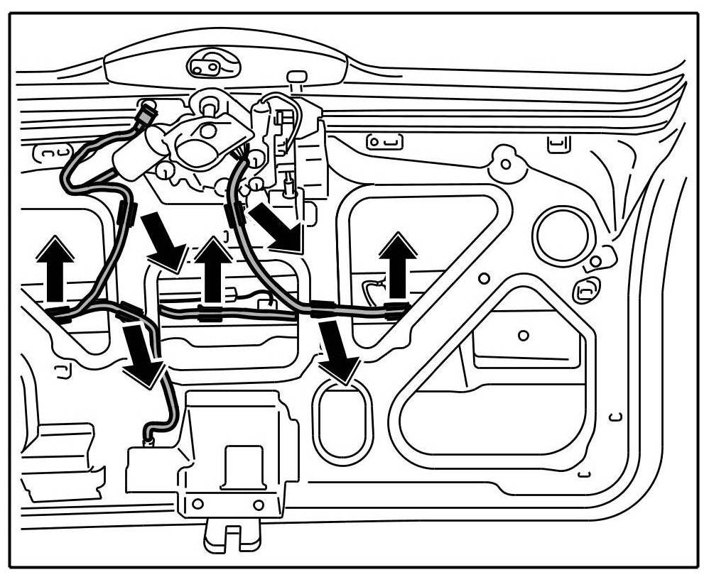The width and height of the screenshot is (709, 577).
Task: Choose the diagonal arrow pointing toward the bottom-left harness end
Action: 144,355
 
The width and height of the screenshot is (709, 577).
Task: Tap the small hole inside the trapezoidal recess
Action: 524,335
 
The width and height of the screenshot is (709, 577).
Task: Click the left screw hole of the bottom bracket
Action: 198,504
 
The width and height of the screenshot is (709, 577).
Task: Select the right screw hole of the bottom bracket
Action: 258,505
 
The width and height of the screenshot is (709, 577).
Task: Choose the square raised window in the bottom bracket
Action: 242,466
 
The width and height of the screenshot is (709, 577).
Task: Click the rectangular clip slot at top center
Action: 384,142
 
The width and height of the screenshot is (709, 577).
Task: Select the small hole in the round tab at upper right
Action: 505,164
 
